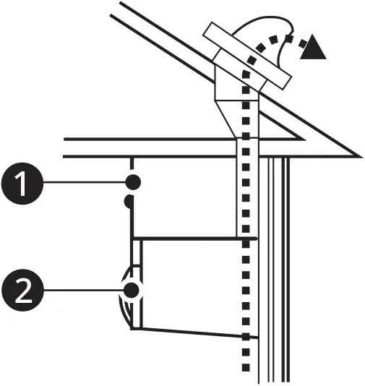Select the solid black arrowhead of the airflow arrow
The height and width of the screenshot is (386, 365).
tap(312, 48)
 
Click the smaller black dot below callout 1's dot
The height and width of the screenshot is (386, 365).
tap(129, 202)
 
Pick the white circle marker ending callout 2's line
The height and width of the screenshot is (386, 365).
tap(132, 291)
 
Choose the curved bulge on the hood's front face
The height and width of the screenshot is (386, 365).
tap(125, 296)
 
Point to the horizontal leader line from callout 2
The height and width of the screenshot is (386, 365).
tap(80, 292)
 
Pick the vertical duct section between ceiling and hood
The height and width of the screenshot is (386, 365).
tap(246, 195)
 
